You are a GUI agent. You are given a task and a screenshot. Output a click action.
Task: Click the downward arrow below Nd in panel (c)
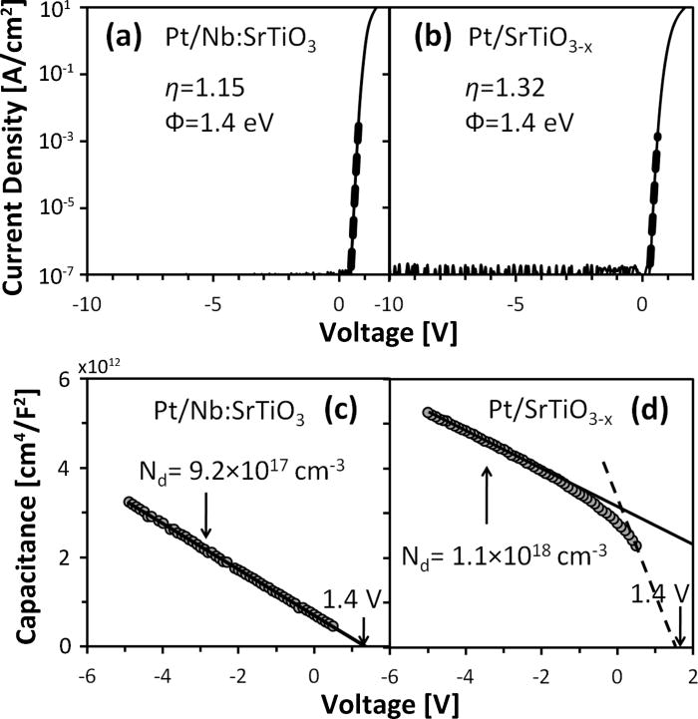tap(205, 519)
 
